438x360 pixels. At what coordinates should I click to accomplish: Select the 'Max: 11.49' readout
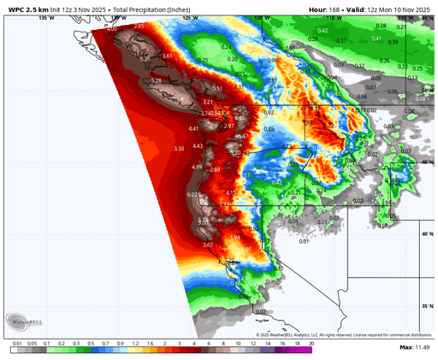(x=417, y=348)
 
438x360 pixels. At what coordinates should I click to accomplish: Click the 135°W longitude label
(x=46, y=17)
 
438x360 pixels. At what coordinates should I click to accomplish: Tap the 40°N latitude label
(x=425, y=233)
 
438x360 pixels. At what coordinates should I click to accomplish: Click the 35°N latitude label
(x=425, y=305)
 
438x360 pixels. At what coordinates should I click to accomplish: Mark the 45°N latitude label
(x=425, y=162)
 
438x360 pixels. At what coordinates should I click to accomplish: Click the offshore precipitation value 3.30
(x=179, y=149)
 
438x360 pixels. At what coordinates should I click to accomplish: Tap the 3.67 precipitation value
(x=208, y=245)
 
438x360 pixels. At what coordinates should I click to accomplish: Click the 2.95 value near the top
(x=139, y=27)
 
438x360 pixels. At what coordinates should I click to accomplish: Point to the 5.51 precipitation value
(x=217, y=88)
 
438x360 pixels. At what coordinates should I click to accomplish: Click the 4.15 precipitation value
(x=229, y=193)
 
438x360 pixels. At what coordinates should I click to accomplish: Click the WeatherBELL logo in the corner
(x=27, y=322)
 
